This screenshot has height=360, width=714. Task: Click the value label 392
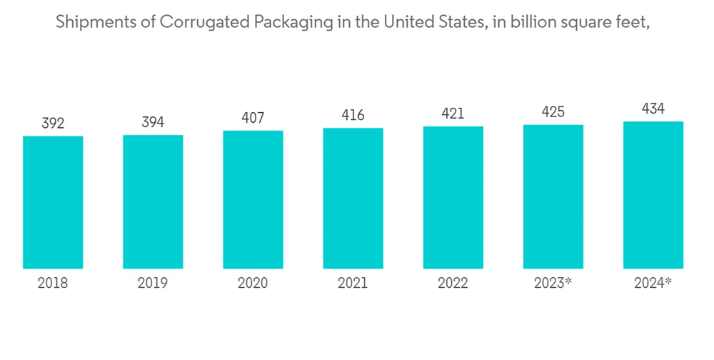(53, 124)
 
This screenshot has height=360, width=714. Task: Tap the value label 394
(153, 123)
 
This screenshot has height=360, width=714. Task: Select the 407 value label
(253, 118)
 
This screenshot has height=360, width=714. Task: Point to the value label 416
(353, 115)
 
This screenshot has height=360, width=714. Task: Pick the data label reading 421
(453, 114)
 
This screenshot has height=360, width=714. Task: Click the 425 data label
(553, 112)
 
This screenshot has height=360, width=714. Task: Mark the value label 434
(653, 109)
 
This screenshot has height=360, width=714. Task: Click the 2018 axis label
(53, 284)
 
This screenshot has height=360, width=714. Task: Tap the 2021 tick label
(353, 284)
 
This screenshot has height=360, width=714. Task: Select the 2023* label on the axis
(553, 284)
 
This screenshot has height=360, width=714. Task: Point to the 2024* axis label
(653, 284)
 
